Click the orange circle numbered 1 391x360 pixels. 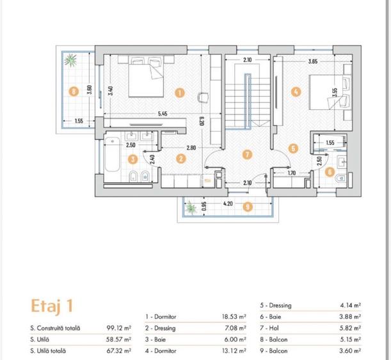click(x=180, y=93)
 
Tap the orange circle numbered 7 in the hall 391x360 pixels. click(x=248, y=155)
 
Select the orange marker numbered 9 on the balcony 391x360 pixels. click(x=248, y=207)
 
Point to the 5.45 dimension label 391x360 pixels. click(x=163, y=114)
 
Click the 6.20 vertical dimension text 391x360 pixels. click(x=202, y=121)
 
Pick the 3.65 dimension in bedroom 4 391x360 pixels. click(x=313, y=61)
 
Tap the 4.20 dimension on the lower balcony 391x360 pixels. click(x=228, y=204)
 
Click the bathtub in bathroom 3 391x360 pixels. click(x=112, y=155)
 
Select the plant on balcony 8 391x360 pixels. click(x=70, y=60)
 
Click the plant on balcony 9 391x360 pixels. click(x=191, y=208)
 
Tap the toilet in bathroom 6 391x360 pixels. click(x=340, y=178)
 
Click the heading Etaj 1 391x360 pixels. click(x=52, y=306)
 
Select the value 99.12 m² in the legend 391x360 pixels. click(x=119, y=328)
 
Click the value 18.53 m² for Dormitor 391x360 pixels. click(x=234, y=317)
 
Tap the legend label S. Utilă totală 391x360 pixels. click(x=48, y=351)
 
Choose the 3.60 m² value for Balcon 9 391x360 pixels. click(x=350, y=351)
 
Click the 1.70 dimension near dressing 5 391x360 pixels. click(x=292, y=173)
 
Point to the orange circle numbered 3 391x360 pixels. click(x=133, y=159)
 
